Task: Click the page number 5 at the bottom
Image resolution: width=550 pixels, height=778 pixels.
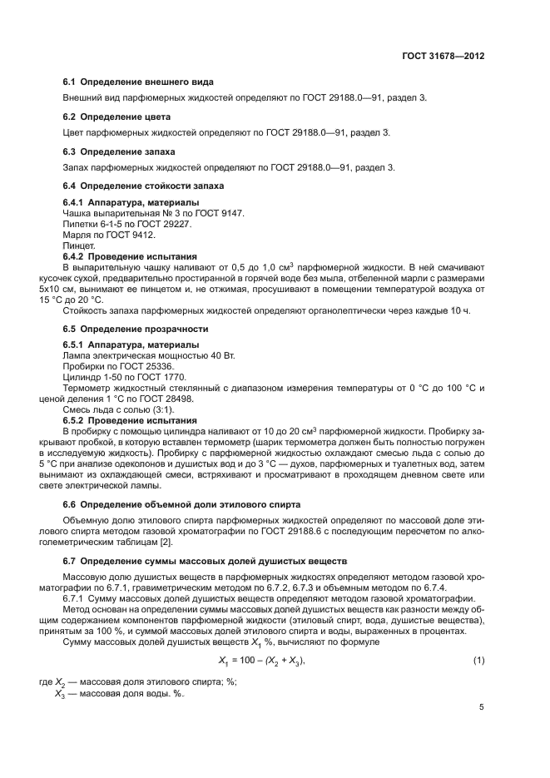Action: pos(481,708)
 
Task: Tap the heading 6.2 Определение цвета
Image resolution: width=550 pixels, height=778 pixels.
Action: pos(116,116)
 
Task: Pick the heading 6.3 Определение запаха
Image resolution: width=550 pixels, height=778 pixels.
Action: pos(120,151)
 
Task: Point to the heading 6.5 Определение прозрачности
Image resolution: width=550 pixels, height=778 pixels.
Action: pos(136,329)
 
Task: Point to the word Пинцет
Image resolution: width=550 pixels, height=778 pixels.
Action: pos(79,246)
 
